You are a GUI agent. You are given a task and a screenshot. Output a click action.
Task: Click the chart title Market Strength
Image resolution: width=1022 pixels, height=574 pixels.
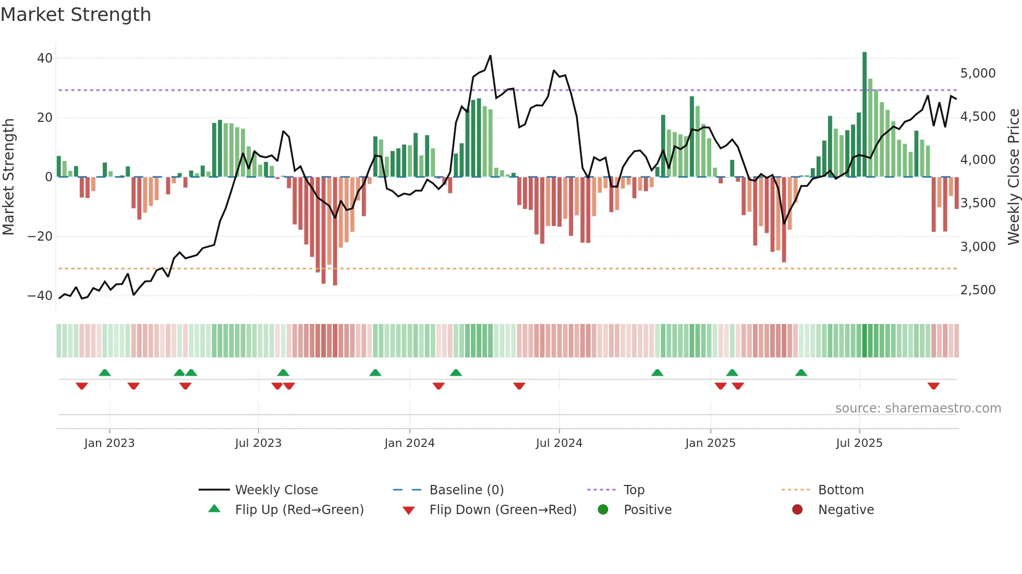pos(76,15)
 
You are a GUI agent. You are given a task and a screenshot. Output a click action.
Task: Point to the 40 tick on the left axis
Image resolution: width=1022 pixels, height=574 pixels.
pos(44,58)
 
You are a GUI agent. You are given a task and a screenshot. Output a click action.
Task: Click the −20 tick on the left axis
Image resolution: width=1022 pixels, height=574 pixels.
pos(40,236)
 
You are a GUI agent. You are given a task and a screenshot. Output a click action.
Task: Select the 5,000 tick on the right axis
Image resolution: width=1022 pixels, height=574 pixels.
pos(978,73)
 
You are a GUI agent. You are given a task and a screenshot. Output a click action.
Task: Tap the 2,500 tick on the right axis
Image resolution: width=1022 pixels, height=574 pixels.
pos(978,290)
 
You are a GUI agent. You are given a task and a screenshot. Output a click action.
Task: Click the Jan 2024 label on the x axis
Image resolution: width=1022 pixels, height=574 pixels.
pos(409,443)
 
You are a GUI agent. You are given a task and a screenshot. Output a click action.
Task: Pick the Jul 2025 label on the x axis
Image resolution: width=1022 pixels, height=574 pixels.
pos(859,443)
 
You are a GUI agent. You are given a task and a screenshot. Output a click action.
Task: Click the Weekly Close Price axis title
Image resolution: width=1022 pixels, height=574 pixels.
pos(1013,177)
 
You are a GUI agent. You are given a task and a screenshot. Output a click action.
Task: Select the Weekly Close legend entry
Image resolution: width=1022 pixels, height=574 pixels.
pos(276,490)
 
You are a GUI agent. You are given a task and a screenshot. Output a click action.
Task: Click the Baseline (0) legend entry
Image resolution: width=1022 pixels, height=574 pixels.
pos(466,490)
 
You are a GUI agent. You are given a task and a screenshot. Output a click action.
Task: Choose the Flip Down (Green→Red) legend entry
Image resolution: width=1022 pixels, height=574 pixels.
pos(503,510)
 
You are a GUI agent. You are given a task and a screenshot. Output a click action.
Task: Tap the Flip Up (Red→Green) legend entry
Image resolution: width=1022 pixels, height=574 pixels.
pos(299,510)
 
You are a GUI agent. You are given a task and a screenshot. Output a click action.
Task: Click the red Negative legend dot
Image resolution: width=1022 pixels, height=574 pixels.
pos(797,510)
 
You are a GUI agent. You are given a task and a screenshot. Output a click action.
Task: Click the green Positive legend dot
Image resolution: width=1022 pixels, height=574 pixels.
pos(603,510)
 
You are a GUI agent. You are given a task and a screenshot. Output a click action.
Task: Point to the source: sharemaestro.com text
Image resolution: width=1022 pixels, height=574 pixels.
pos(918,408)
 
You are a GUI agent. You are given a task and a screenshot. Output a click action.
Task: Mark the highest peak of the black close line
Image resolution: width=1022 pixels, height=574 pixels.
pos(490,56)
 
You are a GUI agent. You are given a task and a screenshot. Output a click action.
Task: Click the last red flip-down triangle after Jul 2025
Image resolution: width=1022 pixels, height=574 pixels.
pos(933,386)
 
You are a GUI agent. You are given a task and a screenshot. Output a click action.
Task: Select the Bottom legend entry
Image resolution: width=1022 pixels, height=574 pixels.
pos(841,490)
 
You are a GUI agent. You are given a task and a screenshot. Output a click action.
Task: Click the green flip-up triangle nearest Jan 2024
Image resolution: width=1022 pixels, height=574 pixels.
pos(375,372)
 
